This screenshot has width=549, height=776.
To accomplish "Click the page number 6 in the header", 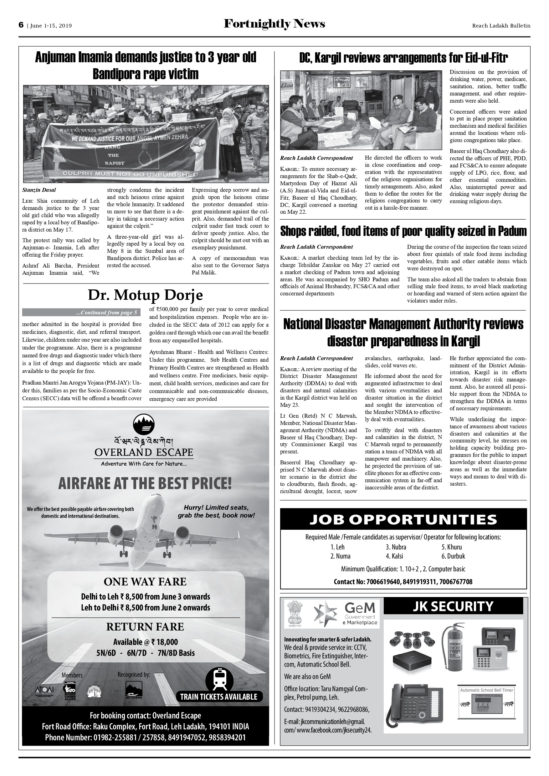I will [21, 25].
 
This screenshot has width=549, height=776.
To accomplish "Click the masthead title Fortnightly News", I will [274, 24].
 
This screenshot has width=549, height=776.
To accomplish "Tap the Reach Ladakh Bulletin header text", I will [501, 26].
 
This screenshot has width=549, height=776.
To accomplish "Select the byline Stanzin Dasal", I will [39, 190].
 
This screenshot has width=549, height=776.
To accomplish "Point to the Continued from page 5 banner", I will [80, 312].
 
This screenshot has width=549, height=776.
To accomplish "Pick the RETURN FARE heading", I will [145, 627].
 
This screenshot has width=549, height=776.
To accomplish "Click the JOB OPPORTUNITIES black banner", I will [403, 519].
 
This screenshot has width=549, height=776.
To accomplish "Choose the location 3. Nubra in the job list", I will [396, 547].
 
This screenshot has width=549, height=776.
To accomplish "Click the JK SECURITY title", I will [453, 606].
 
